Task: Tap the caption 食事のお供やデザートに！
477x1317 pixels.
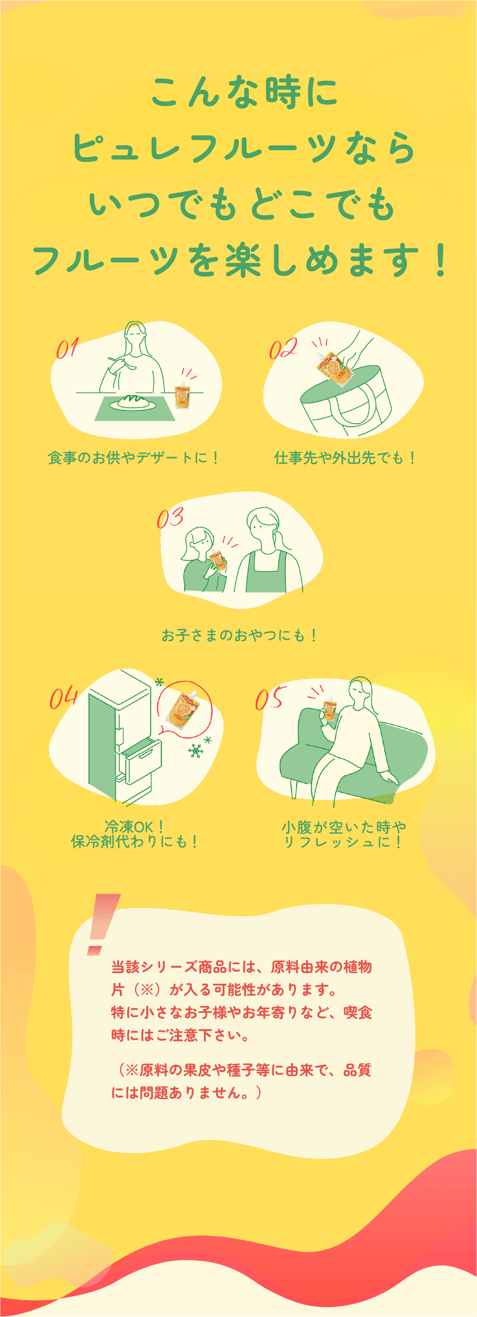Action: [x=134, y=457]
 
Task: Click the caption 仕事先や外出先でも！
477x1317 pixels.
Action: [x=345, y=457]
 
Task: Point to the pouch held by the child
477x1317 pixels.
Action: [x=218, y=561]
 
